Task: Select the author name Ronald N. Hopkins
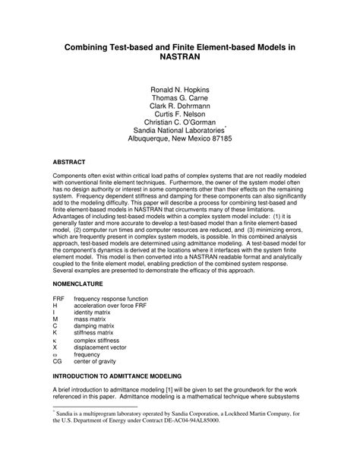coord(179,90)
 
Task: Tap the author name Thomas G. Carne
coord(179,100)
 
